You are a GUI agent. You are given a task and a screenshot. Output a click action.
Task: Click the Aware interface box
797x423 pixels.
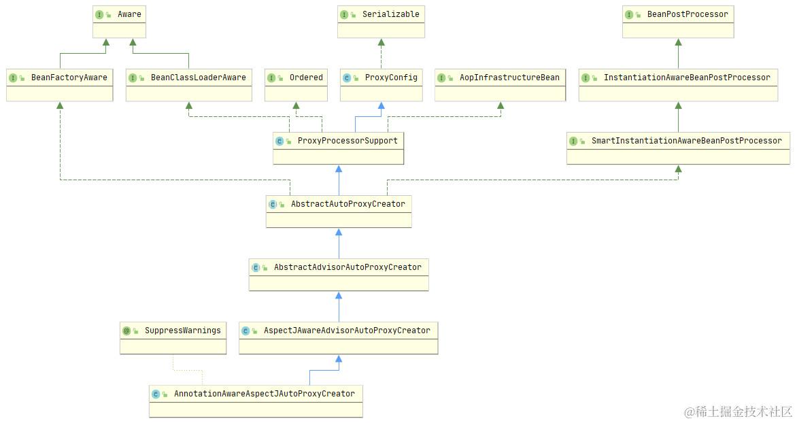click(x=119, y=22)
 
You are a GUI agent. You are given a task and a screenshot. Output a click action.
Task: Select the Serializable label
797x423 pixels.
click(x=390, y=14)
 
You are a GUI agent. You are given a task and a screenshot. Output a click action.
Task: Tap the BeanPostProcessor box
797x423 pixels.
click(x=678, y=22)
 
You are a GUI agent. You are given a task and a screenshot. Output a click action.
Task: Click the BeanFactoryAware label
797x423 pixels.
click(x=69, y=78)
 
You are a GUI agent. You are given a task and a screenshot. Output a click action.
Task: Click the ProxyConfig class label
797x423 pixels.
click(x=391, y=78)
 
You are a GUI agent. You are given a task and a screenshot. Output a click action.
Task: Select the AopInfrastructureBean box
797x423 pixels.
click(x=500, y=86)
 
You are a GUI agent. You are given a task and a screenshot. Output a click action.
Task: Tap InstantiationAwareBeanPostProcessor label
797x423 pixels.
click(x=687, y=78)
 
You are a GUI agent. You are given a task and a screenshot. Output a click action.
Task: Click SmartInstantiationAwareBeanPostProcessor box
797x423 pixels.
click(x=678, y=148)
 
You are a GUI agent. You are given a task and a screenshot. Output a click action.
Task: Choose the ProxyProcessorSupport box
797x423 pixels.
click(x=338, y=148)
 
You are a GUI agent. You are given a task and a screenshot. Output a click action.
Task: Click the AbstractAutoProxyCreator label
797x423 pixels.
click(x=347, y=203)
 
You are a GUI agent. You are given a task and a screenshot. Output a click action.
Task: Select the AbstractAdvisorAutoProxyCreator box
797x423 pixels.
click(x=338, y=275)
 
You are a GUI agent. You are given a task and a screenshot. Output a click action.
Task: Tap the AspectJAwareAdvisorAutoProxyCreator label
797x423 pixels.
click(x=347, y=331)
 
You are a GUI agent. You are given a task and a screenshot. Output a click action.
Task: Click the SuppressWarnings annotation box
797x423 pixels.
click(x=173, y=338)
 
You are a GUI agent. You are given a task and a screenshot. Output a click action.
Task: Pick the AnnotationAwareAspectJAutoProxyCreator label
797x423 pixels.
click(x=264, y=394)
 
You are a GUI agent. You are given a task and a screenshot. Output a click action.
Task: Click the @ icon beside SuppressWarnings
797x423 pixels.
click(x=126, y=331)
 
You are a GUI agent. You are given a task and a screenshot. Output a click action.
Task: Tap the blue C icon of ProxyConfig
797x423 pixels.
click(x=347, y=78)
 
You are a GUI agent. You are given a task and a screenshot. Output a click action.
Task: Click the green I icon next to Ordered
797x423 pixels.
click(x=271, y=78)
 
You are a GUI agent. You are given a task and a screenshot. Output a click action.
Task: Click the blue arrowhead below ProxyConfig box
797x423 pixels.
click(x=381, y=106)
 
